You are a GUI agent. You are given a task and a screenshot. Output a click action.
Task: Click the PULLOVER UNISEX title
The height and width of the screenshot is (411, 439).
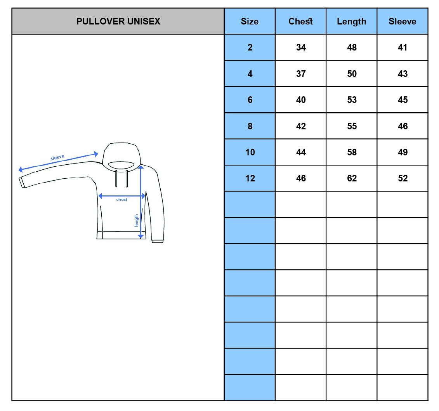point(118,21)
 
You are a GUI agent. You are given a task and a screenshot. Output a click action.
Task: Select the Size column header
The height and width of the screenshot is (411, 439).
point(250,21)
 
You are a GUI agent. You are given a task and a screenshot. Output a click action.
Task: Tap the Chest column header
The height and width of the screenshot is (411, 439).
point(300,21)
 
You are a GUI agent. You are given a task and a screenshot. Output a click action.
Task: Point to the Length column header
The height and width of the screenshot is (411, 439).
point(351,22)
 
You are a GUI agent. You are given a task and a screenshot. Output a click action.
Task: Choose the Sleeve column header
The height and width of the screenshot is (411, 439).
point(403,21)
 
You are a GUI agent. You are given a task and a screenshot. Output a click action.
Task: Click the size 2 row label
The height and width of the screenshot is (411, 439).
point(250,47)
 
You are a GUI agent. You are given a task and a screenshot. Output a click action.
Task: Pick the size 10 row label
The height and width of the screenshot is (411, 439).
point(250,152)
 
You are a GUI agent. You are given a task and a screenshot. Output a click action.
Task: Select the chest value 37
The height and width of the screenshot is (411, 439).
point(301,74)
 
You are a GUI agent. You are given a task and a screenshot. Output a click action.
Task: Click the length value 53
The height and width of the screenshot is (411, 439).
point(352,100)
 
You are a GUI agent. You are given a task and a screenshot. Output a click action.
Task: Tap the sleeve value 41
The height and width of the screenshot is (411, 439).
point(403,47)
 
